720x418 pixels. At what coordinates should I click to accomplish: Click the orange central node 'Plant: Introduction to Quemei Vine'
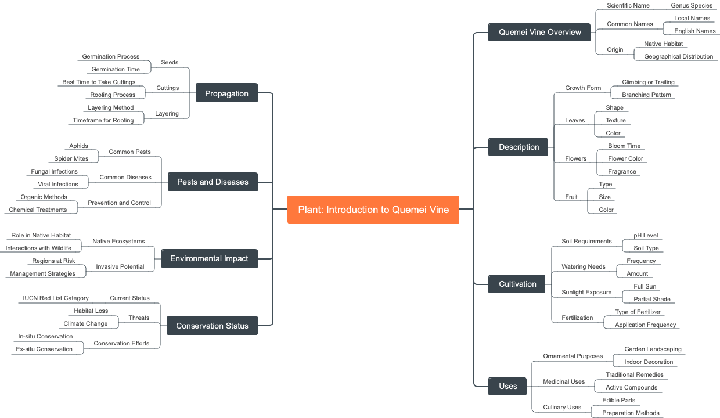tap(373, 210)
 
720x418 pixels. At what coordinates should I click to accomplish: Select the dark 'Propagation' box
tap(226, 93)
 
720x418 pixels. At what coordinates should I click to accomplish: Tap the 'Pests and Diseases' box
tap(213, 182)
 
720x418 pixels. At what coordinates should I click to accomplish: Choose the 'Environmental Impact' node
tap(209, 258)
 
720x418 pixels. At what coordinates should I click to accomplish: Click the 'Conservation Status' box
tap(212, 326)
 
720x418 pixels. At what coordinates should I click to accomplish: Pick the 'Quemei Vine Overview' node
tap(539, 32)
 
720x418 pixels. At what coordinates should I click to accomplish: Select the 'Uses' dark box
tap(507, 386)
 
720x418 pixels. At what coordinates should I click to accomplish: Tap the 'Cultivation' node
tap(517, 284)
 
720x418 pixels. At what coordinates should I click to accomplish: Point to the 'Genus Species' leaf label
tap(692, 6)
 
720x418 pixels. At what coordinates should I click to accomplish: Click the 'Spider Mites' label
tap(71, 159)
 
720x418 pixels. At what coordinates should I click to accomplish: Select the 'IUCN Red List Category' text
tap(56, 298)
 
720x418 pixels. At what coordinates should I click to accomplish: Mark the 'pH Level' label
tap(646, 236)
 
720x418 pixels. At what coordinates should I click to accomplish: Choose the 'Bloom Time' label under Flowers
tap(624, 146)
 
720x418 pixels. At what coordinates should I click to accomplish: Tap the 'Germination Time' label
tap(116, 70)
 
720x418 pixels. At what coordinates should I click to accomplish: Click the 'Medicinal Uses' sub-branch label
tap(564, 382)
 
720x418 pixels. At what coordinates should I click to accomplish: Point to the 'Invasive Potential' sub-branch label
tap(120, 267)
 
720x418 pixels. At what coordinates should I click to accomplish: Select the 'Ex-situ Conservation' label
tap(44, 349)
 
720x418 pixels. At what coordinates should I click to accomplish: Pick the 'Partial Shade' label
tap(651, 300)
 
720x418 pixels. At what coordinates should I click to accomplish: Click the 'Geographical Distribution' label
tap(678, 57)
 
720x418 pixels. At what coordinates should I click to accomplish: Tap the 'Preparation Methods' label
tap(631, 413)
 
